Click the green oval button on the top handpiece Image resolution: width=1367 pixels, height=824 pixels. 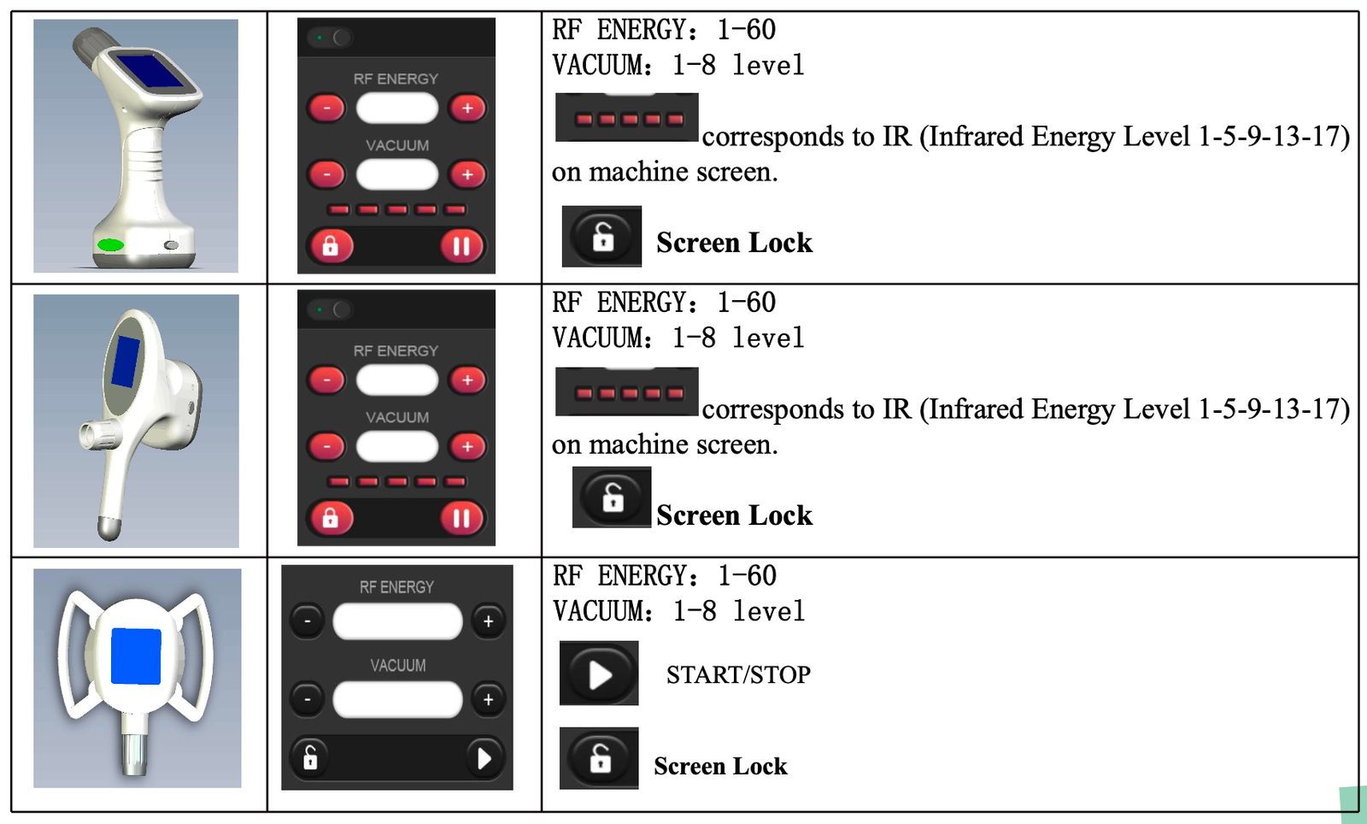110,244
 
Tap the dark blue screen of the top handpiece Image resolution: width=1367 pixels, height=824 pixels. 150,71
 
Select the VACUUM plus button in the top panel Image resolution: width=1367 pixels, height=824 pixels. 467,174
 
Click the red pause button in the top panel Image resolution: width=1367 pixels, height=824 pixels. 461,246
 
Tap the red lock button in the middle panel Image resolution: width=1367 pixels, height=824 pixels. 330,518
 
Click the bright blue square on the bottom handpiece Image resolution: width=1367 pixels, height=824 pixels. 136,656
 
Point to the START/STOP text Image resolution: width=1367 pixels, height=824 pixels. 738,675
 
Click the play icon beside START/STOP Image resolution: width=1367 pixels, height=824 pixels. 599,674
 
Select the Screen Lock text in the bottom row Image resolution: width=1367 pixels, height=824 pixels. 721,766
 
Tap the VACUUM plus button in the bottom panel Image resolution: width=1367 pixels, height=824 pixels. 488,699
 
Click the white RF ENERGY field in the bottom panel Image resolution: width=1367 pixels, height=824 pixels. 397,621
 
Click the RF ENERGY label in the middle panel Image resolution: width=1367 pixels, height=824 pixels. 396,351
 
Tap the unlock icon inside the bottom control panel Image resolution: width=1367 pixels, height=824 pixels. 310,758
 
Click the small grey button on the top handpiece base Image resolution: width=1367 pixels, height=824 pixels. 172,244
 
